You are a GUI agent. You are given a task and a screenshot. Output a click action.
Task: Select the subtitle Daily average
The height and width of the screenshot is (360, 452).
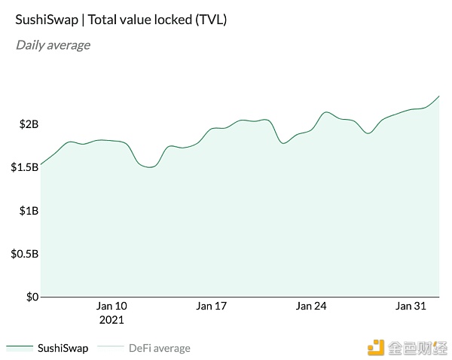(53, 45)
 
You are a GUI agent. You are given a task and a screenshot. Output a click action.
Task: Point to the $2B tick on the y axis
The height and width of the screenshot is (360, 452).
(28, 124)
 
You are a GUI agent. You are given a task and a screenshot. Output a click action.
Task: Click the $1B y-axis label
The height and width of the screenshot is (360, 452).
(28, 211)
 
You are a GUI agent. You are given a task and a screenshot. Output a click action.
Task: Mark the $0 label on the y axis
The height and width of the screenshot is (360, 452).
(32, 297)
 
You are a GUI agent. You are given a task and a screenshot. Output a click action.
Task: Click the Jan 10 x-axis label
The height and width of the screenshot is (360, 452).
(111, 306)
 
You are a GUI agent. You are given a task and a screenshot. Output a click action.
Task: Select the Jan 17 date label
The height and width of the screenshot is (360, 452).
(211, 306)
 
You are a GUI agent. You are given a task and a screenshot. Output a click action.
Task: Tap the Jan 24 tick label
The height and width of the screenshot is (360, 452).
(310, 306)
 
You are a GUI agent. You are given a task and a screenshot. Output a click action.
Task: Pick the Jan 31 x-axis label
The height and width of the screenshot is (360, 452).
(411, 306)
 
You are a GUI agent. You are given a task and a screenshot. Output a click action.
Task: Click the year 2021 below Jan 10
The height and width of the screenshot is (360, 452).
(111, 319)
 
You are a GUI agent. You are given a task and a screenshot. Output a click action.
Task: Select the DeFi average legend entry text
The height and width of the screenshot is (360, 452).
(159, 348)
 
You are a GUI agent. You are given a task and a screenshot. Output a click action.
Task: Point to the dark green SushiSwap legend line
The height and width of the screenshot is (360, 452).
(20, 348)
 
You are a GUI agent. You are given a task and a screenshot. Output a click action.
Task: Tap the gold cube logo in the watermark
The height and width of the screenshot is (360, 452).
(375, 347)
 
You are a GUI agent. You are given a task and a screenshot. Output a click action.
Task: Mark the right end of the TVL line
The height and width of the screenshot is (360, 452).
(439, 96)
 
